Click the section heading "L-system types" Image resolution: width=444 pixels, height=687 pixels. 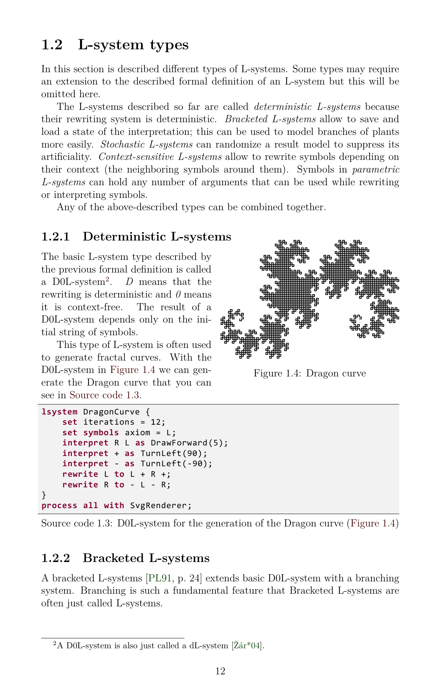(x=133, y=45)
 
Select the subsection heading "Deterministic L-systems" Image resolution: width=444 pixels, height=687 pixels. (x=157, y=237)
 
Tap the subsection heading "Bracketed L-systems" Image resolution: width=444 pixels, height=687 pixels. (x=146, y=558)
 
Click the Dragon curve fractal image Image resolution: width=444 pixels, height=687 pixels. (x=309, y=299)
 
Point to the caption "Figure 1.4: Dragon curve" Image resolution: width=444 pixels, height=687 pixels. (x=309, y=373)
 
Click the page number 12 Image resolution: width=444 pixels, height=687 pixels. (x=220, y=671)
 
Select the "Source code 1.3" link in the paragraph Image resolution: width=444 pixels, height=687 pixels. (x=104, y=395)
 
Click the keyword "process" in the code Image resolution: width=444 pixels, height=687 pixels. (x=59, y=506)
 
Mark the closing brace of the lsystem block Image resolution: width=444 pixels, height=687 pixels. (x=44, y=495)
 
